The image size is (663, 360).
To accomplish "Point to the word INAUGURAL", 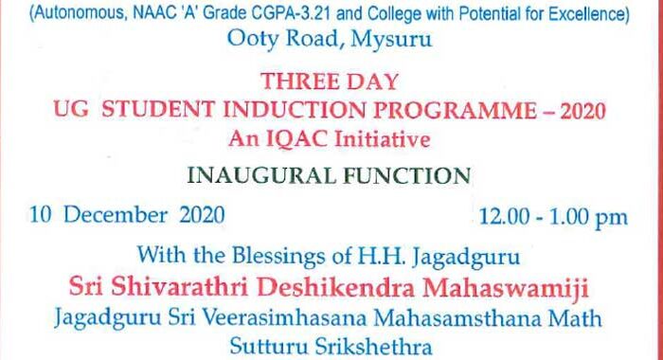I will pyautogui.click(x=257, y=177).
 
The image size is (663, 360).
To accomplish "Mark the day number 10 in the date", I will pyautogui.click(x=41, y=216).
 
